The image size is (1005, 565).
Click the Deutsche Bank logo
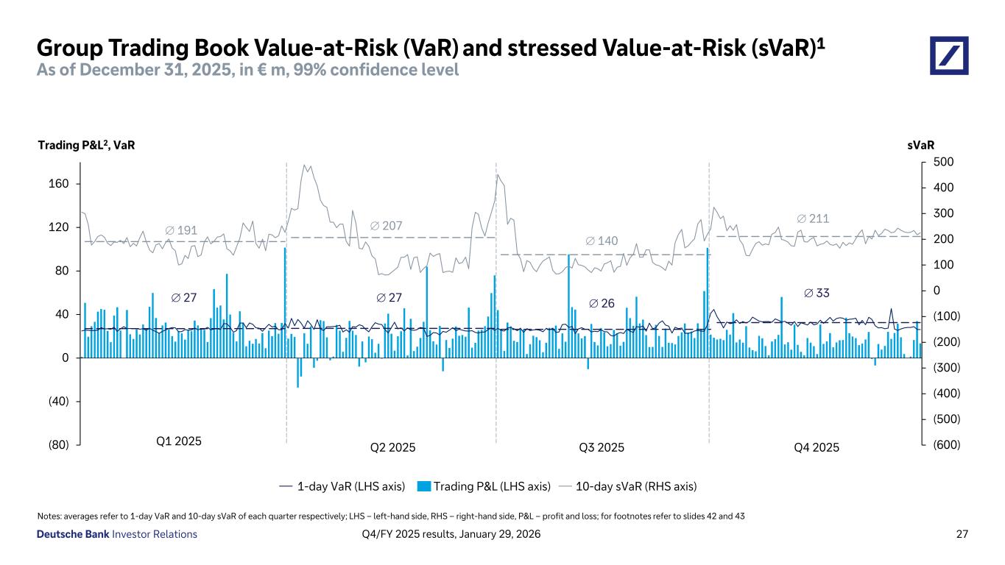pos(949,56)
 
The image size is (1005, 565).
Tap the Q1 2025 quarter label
pos(179,441)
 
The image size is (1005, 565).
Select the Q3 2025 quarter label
pos(602,447)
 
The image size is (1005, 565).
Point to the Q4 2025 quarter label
pos(817,447)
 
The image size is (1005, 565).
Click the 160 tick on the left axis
pos(60,184)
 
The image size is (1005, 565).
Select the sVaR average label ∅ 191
pos(181,230)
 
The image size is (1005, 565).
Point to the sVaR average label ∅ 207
pos(386,225)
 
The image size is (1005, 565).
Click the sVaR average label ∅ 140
pos(602,241)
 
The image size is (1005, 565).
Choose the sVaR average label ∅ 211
pos(814,218)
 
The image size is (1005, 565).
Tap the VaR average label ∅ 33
pos(817,293)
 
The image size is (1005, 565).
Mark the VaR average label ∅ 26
pos(604,303)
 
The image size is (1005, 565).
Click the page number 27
pos(962,534)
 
